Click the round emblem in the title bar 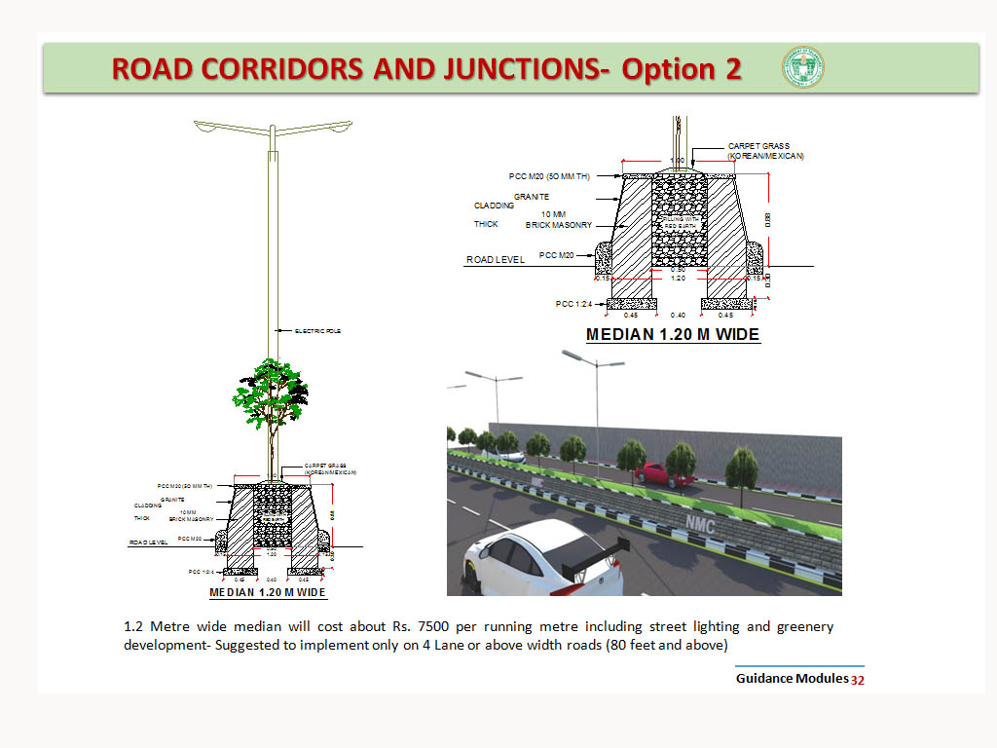(x=802, y=68)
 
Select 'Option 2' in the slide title (x=682, y=69)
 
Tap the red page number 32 (x=858, y=680)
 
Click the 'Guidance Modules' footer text (x=792, y=678)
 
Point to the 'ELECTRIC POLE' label (x=317, y=331)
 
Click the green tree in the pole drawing (x=270, y=394)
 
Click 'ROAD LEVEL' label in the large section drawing (x=496, y=260)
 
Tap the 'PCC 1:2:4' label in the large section (x=574, y=304)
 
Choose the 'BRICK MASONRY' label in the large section (x=558, y=225)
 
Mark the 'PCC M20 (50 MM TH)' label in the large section (x=549, y=176)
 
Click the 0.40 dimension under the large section (x=678, y=315)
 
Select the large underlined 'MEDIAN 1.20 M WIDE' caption (x=673, y=335)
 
